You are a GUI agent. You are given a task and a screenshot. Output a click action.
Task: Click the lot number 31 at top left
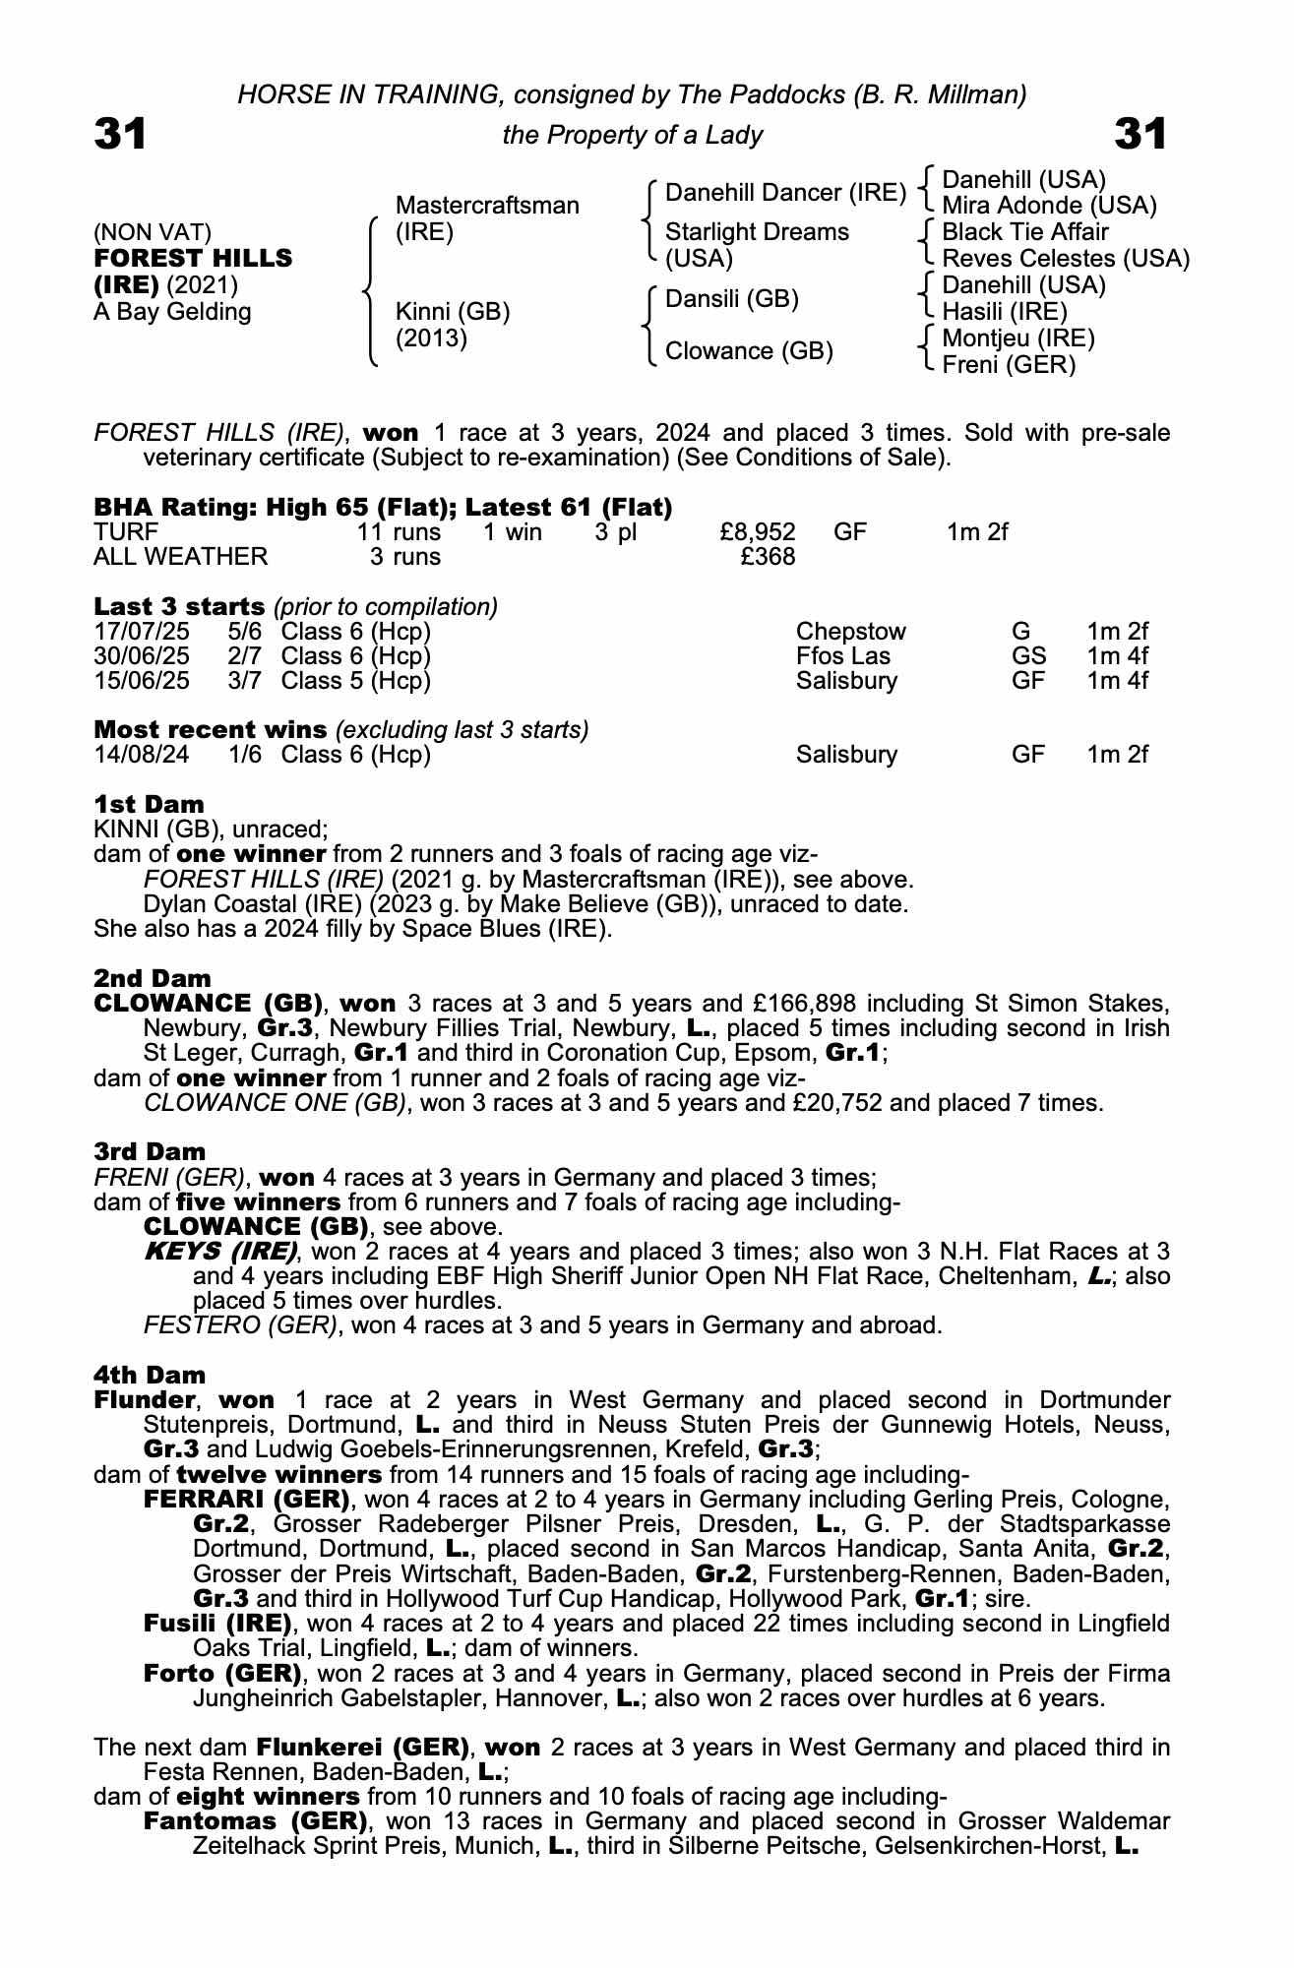pyautogui.click(x=120, y=134)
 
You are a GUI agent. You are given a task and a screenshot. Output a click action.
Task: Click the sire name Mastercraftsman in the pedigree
pyautogui.click(x=486, y=206)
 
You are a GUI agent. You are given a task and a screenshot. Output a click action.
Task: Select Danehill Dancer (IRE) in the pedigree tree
pyautogui.click(x=785, y=193)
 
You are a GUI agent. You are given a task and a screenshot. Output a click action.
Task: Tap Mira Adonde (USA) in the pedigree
pyautogui.click(x=1049, y=206)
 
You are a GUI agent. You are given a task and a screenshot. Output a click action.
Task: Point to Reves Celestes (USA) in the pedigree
pyautogui.click(x=1066, y=259)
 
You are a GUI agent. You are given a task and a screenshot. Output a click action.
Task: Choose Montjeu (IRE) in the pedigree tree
pyautogui.click(x=1018, y=338)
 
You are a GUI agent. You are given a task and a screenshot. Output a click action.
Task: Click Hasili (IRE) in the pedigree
pyautogui.click(x=1005, y=312)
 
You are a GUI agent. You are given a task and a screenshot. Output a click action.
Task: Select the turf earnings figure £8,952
pyautogui.click(x=758, y=532)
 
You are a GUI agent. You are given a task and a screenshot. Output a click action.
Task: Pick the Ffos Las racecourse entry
pyautogui.click(x=843, y=656)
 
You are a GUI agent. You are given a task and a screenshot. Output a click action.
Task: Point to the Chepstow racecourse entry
pyautogui.click(x=850, y=632)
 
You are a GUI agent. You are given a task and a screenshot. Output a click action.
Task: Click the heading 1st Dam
pyautogui.click(x=149, y=804)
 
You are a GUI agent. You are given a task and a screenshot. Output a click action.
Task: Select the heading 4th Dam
pyautogui.click(x=150, y=1375)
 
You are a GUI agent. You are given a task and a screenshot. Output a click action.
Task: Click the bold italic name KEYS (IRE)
pyautogui.click(x=220, y=1252)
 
